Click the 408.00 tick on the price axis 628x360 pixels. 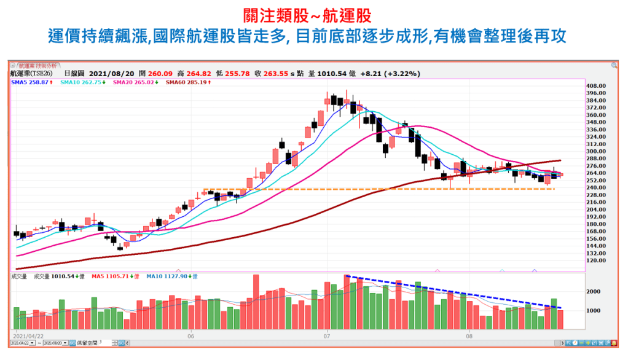click(597, 86)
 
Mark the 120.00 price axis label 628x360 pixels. click(597, 260)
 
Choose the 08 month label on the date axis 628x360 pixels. click(468, 336)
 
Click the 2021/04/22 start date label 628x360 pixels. click(28, 336)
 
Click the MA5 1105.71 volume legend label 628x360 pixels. click(111, 276)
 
